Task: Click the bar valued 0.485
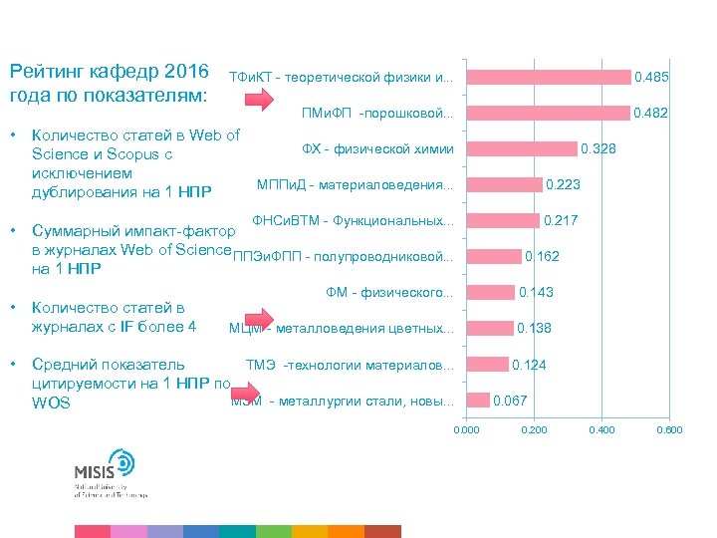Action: tap(549, 78)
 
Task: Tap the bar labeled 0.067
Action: tap(478, 401)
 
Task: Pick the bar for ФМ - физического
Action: tap(491, 293)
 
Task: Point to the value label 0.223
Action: tap(563, 185)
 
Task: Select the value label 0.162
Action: tap(542, 257)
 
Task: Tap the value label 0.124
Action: tap(529, 365)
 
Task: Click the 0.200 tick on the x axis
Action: tap(534, 429)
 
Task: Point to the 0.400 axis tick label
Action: tap(601, 429)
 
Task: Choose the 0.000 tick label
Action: tap(466, 429)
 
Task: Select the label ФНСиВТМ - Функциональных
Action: tap(354, 220)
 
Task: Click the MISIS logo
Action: tap(110, 474)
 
